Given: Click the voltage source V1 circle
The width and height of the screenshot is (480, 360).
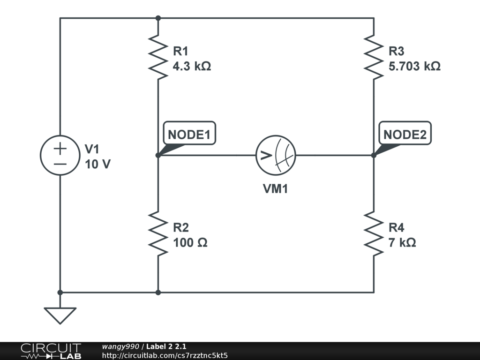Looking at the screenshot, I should (60, 156).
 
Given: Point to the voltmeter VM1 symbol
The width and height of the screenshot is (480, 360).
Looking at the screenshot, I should (276, 156).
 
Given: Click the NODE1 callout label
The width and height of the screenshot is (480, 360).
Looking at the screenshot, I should (189, 135).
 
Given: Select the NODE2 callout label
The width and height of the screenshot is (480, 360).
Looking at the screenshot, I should (405, 135).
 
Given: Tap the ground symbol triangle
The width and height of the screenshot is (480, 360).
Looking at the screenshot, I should (60, 315).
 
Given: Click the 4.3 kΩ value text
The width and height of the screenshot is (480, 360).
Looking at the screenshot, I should (192, 67).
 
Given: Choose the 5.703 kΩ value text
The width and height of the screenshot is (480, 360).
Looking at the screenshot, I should (414, 67).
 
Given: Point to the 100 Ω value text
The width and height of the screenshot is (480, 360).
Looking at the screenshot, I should (190, 243).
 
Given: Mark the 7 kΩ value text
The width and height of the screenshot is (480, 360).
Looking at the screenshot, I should (402, 243).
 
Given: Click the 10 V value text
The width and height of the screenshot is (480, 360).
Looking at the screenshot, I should (98, 165).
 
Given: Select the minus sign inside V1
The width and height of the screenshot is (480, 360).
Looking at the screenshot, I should (60, 164).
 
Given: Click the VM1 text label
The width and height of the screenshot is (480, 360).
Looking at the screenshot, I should (276, 189).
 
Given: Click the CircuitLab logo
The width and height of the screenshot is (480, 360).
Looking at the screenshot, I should (51, 351).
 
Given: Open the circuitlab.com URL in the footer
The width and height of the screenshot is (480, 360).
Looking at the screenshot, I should (165, 355).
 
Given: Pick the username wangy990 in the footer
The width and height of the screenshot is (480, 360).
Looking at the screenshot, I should (120, 346).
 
